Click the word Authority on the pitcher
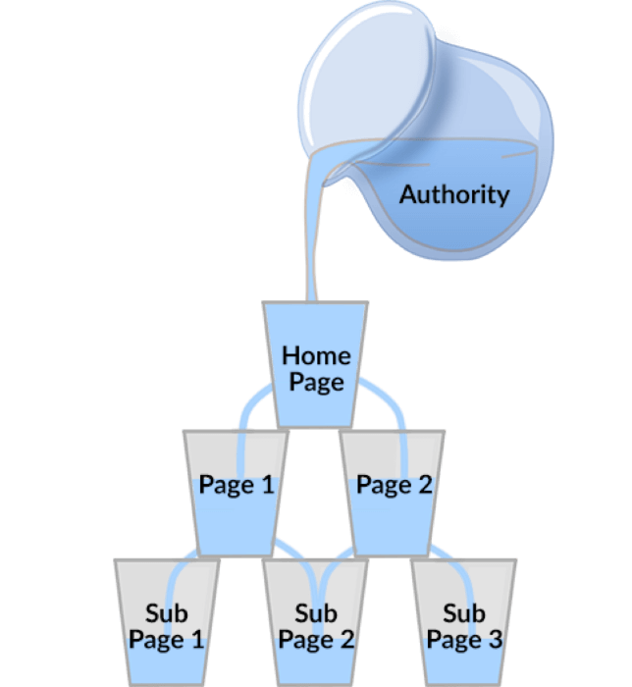pyautogui.click(x=453, y=193)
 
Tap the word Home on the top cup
pyautogui.click(x=316, y=354)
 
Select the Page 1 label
pyautogui.click(x=237, y=484)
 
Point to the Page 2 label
pyautogui.click(x=394, y=484)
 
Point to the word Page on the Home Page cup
pyautogui.click(x=316, y=380)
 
